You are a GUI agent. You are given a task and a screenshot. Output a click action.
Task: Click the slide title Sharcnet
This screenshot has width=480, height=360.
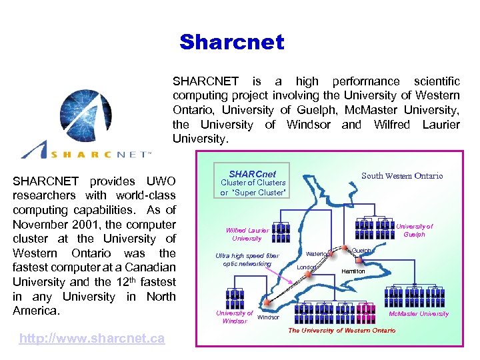pos(231,43)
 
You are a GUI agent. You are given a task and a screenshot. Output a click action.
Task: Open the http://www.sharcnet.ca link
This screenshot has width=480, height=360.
pos(92,339)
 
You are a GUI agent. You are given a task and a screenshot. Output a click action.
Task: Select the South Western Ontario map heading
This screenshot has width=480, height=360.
pos(401,176)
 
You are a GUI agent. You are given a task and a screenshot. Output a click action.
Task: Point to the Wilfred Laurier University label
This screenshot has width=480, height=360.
pos(247,234)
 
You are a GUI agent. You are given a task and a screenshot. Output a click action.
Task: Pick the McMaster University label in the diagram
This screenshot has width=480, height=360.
pos(419,313)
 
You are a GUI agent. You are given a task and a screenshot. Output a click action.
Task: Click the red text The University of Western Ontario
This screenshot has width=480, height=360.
pos(341,330)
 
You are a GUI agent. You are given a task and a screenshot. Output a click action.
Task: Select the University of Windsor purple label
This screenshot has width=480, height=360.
pos(234,317)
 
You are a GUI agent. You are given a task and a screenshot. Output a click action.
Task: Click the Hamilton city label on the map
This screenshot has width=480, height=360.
pos(353,271)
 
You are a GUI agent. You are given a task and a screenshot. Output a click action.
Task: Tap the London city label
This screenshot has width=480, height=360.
pos(306,267)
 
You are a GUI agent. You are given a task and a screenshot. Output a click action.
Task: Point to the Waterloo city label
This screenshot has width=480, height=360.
pos(317,253)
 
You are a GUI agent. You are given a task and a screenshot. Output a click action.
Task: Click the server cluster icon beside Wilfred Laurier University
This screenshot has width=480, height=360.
pos(281,232)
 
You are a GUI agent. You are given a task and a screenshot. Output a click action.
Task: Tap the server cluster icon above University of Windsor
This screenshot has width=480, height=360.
pos(235,298)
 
